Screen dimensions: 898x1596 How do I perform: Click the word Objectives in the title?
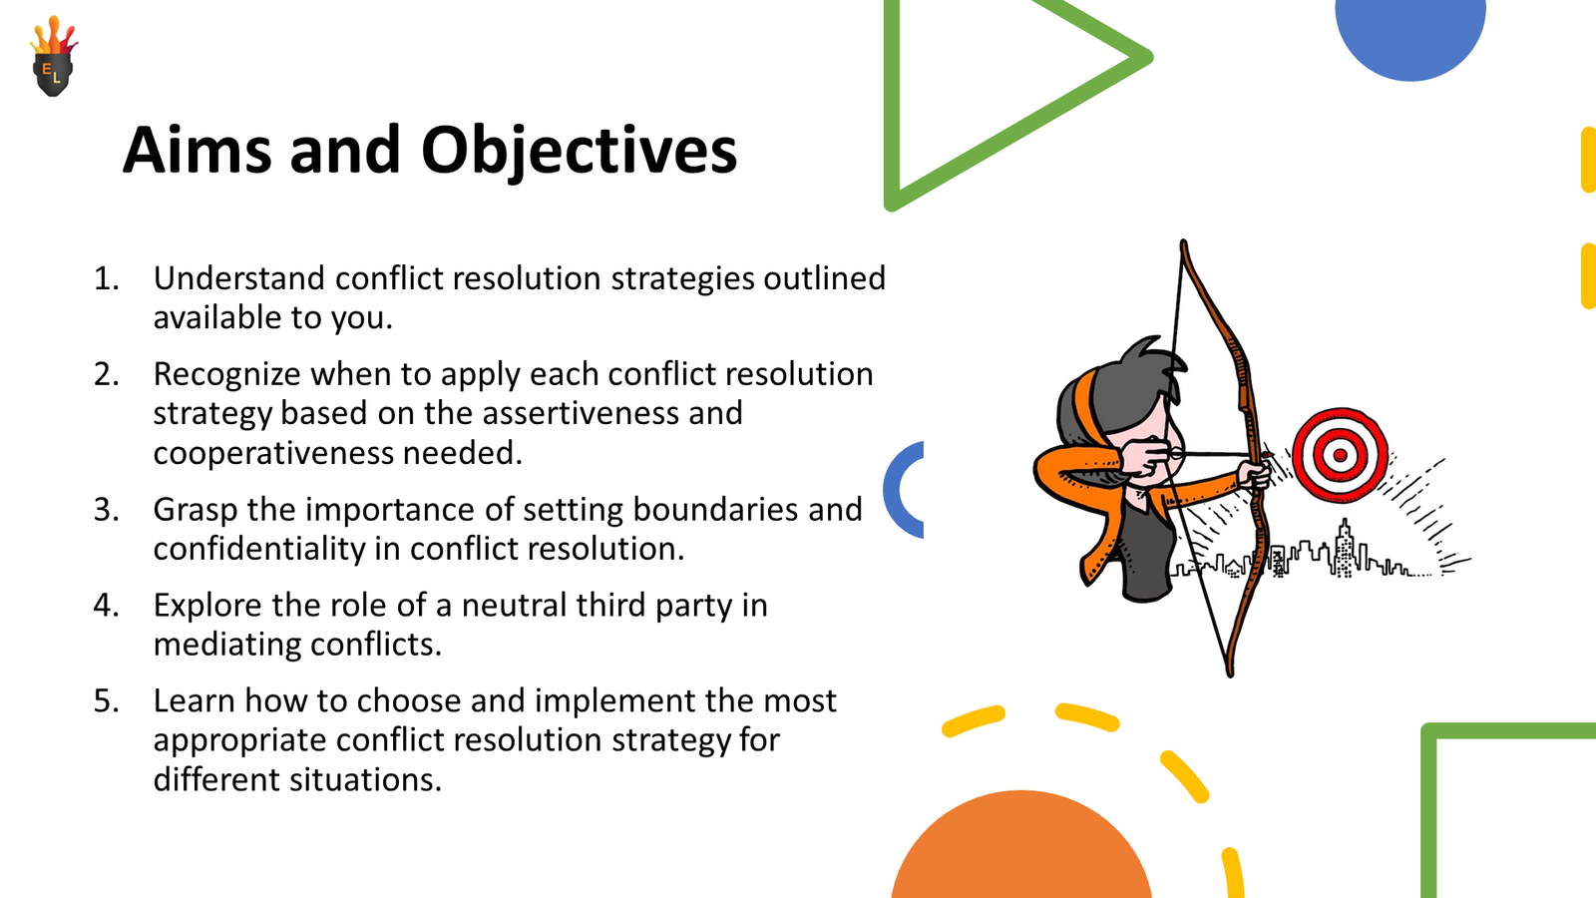(579, 152)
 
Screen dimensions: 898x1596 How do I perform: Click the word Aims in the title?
(197, 152)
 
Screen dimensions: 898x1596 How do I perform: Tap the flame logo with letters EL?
(54, 60)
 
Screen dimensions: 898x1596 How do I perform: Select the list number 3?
(106, 510)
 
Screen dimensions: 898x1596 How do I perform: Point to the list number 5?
(106, 701)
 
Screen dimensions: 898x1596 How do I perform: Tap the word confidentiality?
(258, 549)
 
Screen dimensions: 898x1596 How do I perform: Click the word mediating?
(216, 645)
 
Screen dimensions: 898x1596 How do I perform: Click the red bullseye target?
(1340, 455)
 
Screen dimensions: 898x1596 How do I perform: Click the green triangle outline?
(892, 100)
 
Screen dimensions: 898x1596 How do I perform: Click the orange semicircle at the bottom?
(1021, 853)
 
